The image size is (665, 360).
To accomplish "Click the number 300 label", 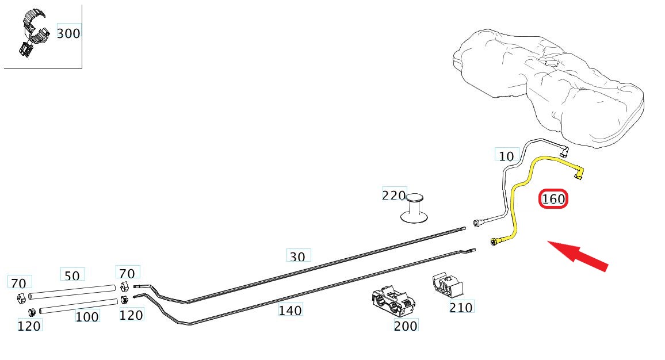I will click(68, 33).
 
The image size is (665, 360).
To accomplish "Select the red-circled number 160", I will click(553, 200).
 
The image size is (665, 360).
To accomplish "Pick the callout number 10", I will click(506, 156).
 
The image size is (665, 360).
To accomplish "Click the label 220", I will click(394, 196).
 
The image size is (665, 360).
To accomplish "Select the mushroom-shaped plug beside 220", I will click(414, 209).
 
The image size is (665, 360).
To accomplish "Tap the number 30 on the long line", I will click(297, 256).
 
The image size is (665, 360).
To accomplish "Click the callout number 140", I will click(290, 311).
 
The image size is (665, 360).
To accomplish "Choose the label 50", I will click(72, 276).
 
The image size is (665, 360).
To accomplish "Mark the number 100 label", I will click(87, 317).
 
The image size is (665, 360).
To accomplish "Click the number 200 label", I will click(406, 325).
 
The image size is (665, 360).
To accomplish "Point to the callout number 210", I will click(461, 308).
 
